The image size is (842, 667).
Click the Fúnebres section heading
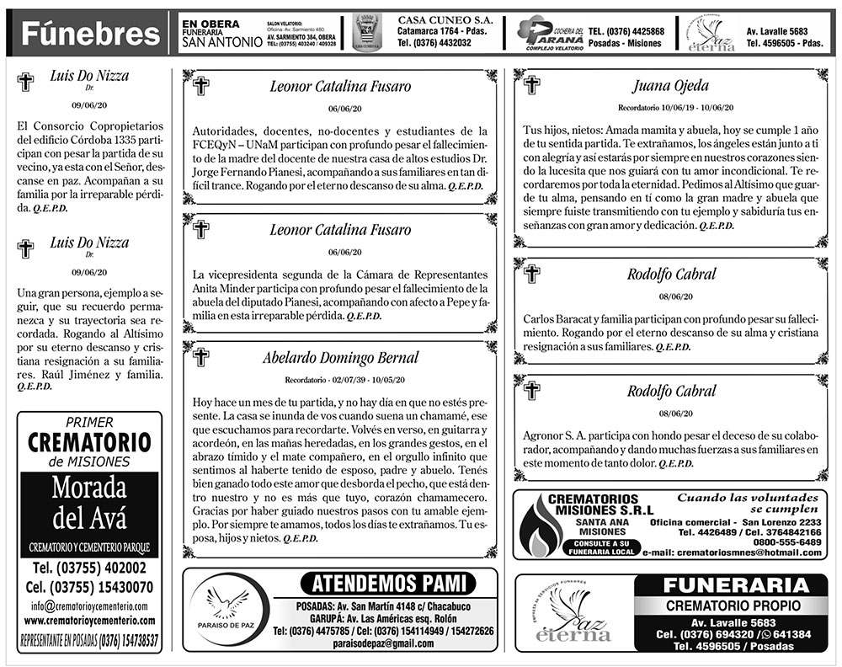pyautogui.click(x=90, y=35)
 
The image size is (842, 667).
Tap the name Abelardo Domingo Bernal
pyautogui.click(x=340, y=358)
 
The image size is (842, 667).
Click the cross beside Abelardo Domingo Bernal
pyautogui.click(x=201, y=355)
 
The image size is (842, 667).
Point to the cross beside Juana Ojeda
pyautogui.click(x=531, y=84)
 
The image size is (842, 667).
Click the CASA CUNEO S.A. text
pyautogui.click(x=438, y=20)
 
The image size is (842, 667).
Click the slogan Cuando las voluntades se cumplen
pyautogui.click(x=748, y=503)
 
